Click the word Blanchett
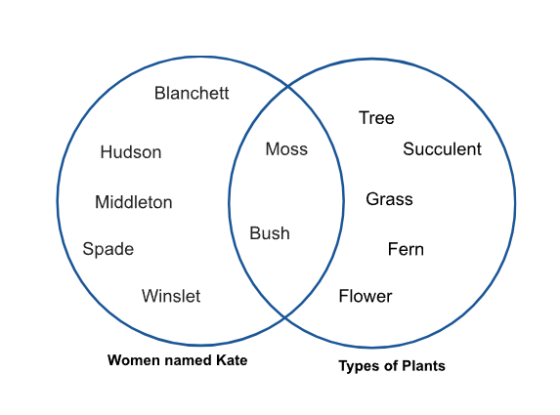pos(192,93)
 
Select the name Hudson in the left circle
pos(131,152)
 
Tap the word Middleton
pos(134,202)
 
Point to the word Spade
pos(108,249)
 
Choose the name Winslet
pos(171,296)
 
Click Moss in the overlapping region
pos(286,148)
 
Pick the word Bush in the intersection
pos(270,233)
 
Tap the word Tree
pos(376,118)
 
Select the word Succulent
pos(442,148)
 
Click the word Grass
pos(389,199)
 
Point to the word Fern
pos(406,249)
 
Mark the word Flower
pos(366,296)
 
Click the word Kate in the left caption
pos(232,360)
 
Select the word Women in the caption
pos(129,360)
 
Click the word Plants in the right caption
pos(423,366)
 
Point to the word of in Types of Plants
pos(389,366)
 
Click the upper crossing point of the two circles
pos(288,86)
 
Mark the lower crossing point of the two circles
pos(285,316)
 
